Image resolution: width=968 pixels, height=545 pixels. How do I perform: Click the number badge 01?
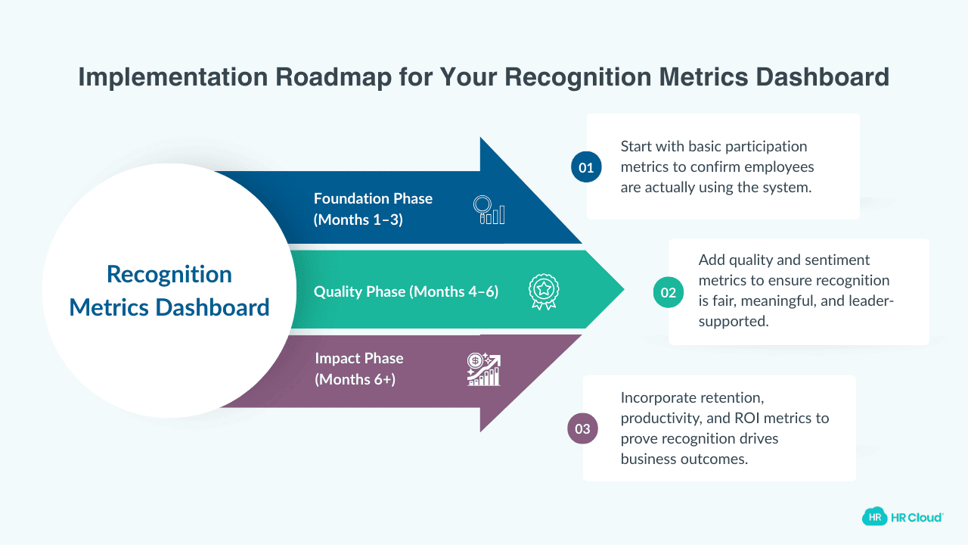pyautogui.click(x=586, y=167)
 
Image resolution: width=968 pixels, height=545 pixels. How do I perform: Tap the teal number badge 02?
pyautogui.click(x=669, y=292)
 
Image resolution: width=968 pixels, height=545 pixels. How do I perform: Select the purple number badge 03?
pyautogui.click(x=582, y=429)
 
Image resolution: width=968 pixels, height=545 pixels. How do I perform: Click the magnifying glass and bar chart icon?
pyautogui.click(x=489, y=210)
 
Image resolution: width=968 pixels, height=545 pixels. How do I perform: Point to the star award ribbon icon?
pyautogui.click(x=543, y=291)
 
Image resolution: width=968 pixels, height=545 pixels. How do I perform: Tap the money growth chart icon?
pyautogui.click(x=483, y=369)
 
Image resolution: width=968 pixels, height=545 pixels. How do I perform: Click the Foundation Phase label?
pyautogui.click(x=373, y=198)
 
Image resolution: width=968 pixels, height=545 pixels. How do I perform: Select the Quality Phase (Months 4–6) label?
pyautogui.click(x=406, y=291)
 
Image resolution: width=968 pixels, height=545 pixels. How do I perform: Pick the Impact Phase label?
pyautogui.click(x=358, y=358)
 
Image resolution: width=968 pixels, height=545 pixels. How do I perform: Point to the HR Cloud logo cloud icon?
pyautogui.click(x=874, y=517)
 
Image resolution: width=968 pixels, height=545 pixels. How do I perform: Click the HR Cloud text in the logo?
pyautogui.click(x=917, y=517)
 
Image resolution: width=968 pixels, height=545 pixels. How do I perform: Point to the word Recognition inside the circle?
pyautogui.click(x=169, y=274)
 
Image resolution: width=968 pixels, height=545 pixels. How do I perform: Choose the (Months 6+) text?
pyautogui.click(x=355, y=379)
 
